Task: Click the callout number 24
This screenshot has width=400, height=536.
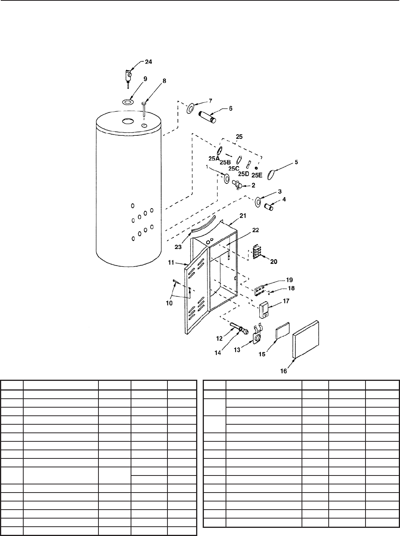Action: click(x=148, y=62)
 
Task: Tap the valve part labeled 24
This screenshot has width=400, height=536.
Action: click(x=128, y=73)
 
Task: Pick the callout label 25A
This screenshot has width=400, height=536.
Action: click(x=214, y=159)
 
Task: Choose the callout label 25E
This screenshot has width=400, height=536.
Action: click(x=257, y=175)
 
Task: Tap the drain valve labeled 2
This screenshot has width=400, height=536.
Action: click(x=237, y=185)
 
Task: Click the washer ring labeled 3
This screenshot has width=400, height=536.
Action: click(x=257, y=202)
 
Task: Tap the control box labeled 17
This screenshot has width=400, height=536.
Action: click(x=264, y=310)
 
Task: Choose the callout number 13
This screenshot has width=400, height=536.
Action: click(x=237, y=349)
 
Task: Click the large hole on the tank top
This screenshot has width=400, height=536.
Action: click(x=127, y=121)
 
